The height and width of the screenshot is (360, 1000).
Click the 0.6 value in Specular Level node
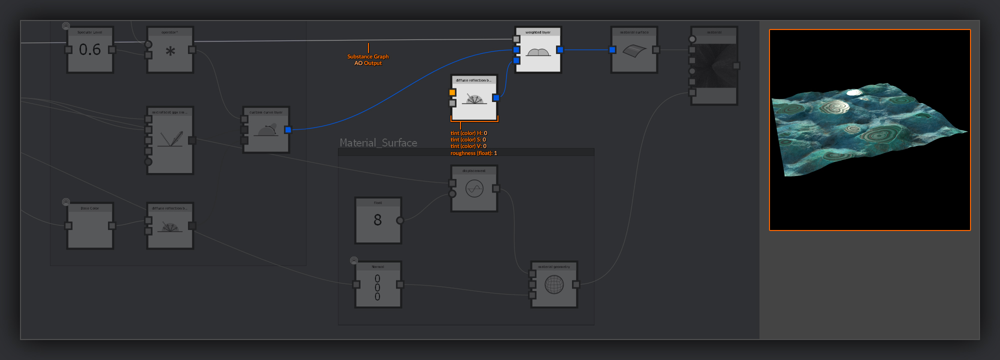90,49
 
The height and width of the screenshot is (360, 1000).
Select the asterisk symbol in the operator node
170,51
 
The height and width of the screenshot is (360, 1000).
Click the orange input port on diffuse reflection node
452,92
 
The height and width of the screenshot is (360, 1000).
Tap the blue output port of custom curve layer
288,130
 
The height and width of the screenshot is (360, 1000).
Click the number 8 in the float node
377,220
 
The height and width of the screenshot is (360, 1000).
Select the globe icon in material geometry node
554,284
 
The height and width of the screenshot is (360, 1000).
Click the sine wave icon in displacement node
474,188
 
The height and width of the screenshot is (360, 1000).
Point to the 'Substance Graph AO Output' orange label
368,60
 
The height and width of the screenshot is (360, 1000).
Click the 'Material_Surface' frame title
378,143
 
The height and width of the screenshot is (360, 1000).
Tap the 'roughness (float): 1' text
473,153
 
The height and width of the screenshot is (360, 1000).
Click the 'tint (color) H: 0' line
468,133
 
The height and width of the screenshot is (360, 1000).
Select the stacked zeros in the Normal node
377,287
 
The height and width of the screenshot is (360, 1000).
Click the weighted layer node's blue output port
560,50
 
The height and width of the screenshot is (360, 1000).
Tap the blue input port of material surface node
612,50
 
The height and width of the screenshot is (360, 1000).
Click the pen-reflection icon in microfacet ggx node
170,139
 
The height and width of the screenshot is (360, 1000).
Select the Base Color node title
90,208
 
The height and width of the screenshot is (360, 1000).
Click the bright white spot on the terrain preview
853,92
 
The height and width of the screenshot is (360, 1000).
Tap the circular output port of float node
400,220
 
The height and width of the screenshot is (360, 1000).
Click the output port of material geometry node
576,284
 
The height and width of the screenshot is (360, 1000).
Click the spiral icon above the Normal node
354,260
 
